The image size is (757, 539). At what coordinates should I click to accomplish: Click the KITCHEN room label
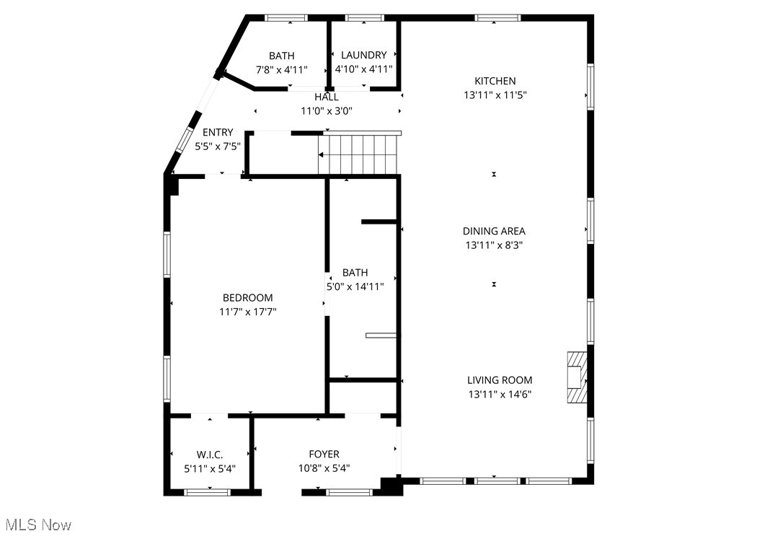[x=495, y=81]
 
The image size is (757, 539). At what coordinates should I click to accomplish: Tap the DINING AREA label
[x=494, y=231]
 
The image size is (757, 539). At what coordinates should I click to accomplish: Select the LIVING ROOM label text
[x=500, y=380]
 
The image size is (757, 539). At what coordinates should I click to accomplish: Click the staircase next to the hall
[x=359, y=154]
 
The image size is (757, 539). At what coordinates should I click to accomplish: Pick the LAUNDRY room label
[x=363, y=55]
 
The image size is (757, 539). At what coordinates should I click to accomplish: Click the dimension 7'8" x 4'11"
[x=282, y=70]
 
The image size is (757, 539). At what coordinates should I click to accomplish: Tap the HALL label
[x=326, y=97]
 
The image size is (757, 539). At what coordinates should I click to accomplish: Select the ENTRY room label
[x=218, y=132]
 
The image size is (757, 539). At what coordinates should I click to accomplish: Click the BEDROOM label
[x=247, y=297]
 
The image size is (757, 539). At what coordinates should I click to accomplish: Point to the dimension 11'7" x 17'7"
[x=248, y=312]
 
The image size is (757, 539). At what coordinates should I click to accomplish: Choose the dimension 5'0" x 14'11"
[x=355, y=286]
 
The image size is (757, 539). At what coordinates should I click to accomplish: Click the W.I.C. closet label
[x=210, y=454]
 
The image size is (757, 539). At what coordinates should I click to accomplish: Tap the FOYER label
[x=324, y=454]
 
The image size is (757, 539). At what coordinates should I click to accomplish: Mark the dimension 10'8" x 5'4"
[x=324, y=468]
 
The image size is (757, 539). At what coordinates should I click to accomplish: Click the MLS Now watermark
[x=37, y=525]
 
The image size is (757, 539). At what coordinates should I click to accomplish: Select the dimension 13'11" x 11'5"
[x=495, y=95]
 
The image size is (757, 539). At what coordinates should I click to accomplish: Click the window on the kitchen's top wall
[x=497, y=18]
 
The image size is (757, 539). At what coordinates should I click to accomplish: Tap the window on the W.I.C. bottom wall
[x=207, y=492]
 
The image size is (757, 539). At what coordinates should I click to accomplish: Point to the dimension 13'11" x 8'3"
[x=494, y=245]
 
